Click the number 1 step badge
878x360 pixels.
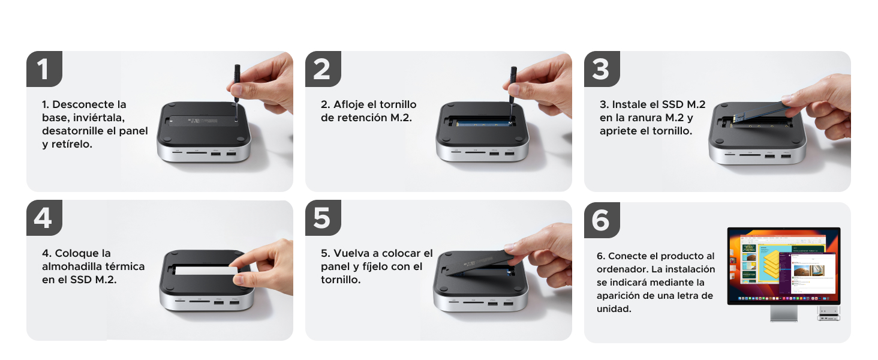tap(44, 68)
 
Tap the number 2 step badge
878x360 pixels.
tap(323, 68)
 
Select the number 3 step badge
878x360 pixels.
tap(602, 68)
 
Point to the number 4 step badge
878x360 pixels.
tap(44, 218)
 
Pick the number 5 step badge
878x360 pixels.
tap(323, 218)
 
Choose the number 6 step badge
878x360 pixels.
tap(602, 220)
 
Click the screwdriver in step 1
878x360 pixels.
tap(237, 92)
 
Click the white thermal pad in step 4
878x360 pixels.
tap(206, 271)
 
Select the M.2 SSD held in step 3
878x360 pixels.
tap(759, 114)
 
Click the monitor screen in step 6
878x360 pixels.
tap(783, 265)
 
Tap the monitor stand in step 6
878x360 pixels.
tap(783, 313)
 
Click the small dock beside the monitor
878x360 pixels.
tap(829, 313)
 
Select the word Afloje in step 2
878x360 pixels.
tap(348, 104)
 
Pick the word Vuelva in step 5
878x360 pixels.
tap(351, 253)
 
